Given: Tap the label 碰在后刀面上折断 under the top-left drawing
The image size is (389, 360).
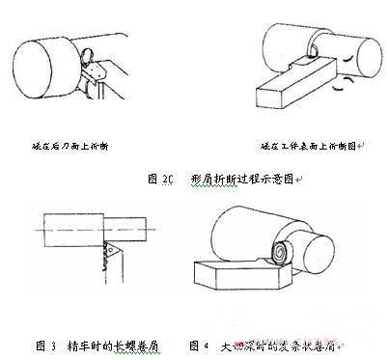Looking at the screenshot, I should click(x=69, y=147).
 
